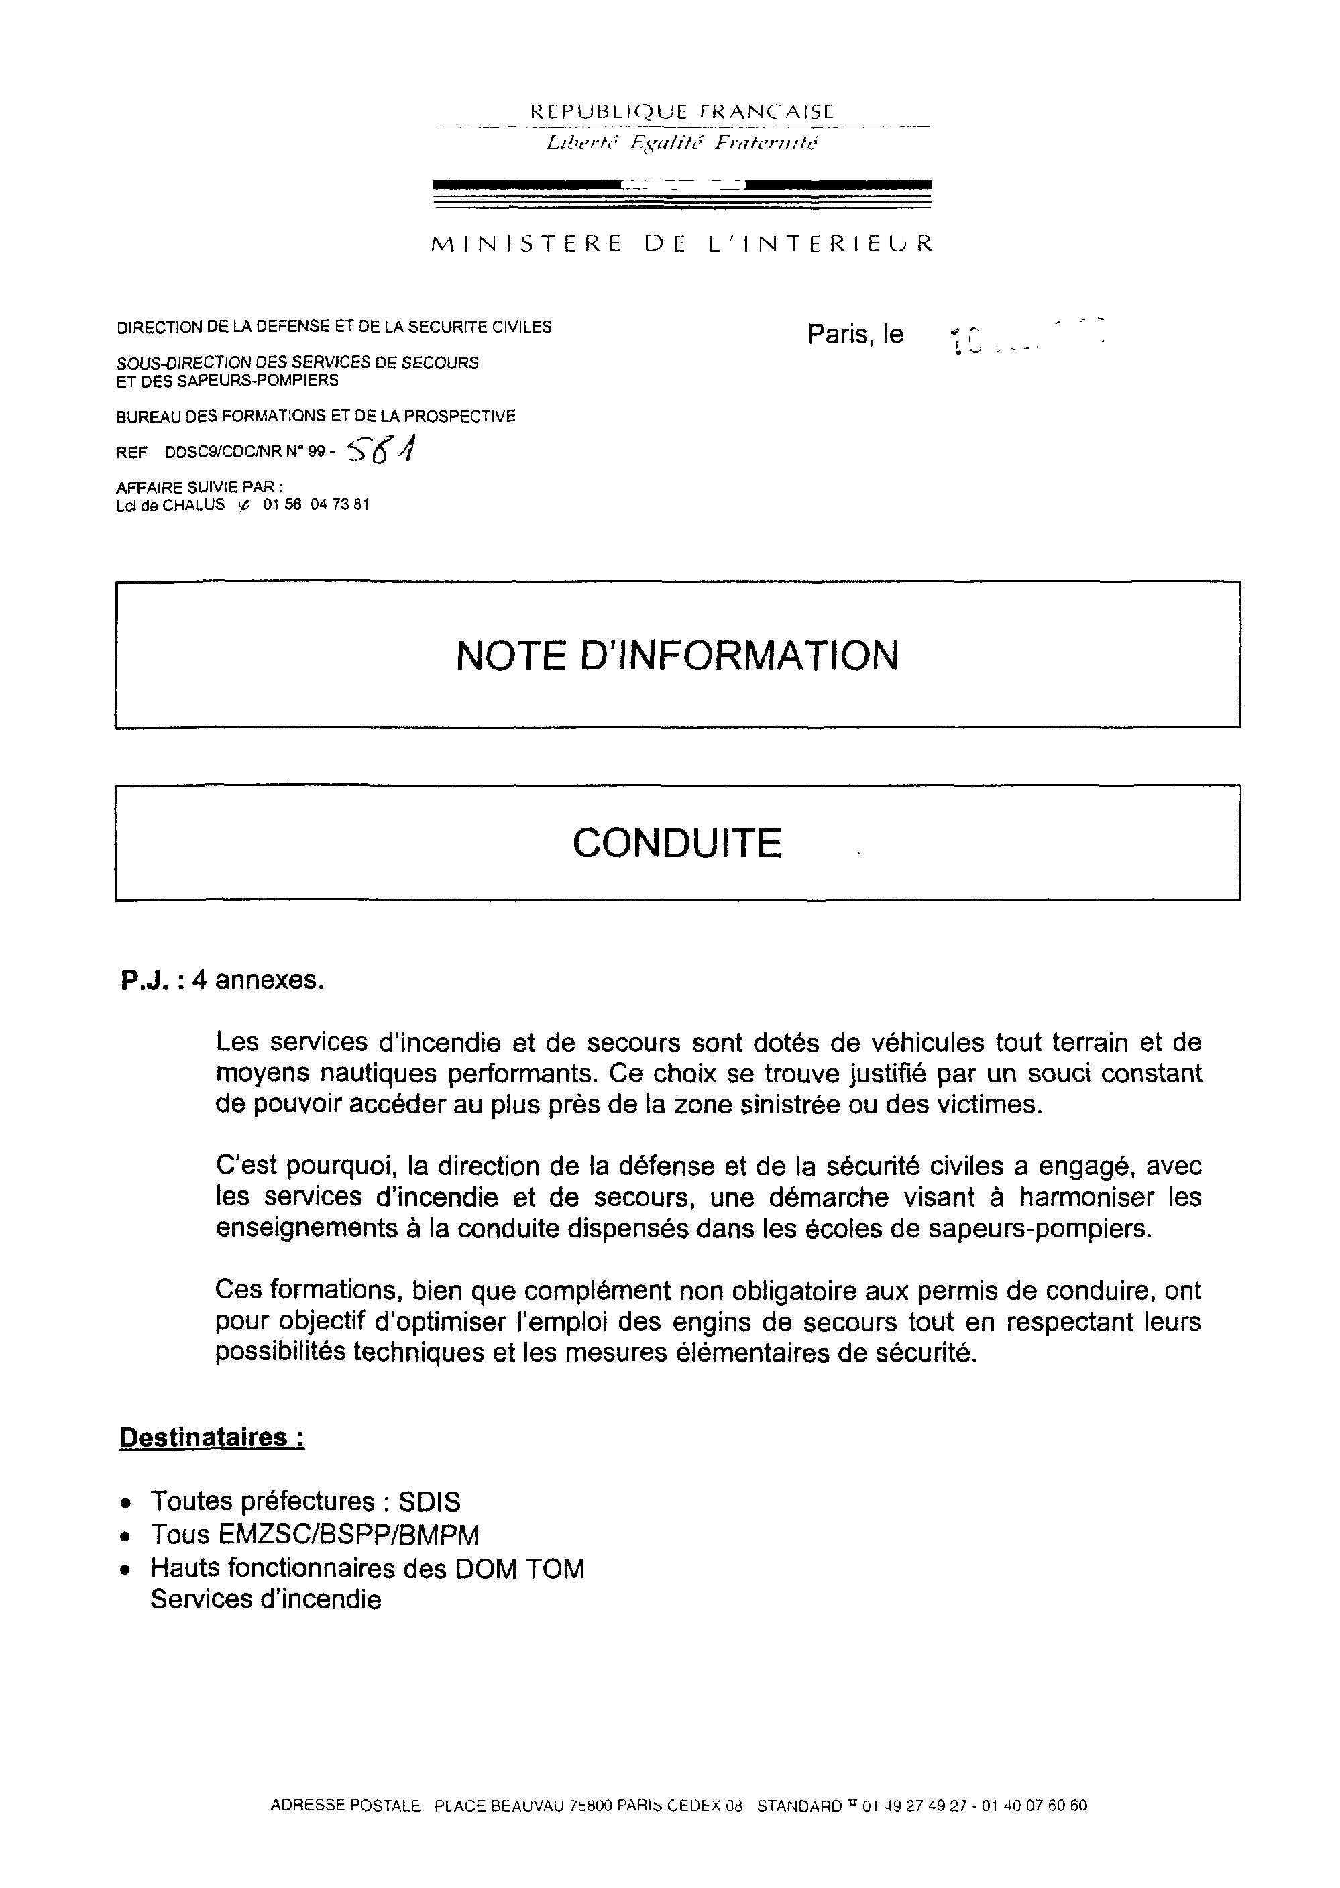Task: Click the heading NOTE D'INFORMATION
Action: tap(677, 656)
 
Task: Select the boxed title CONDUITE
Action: tap(677, 842)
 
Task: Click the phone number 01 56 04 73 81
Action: tap(315, 505)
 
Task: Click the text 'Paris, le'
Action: tap(855, 334)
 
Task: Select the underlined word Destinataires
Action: tap(212, 1437)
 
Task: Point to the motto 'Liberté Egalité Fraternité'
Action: tap(681, 143)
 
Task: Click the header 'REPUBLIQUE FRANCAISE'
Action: tap(681, 111)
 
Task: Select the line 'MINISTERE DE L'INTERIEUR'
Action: tap(681, 243)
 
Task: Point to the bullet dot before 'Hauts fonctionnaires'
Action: tap(125, 1569)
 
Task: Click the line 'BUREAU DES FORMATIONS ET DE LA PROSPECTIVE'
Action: tap(315, 417)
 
